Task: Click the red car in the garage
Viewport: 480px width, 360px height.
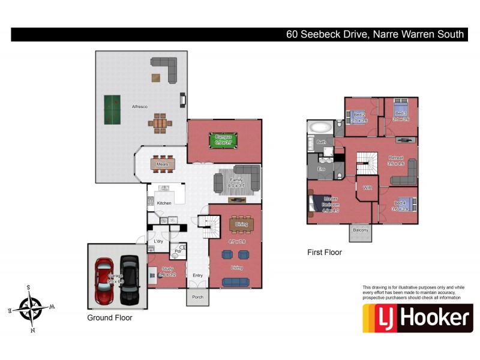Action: (104, 280)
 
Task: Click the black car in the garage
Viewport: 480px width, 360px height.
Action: (129, 280)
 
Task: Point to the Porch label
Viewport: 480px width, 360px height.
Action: (197, 297)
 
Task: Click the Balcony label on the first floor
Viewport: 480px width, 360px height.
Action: (360, 229)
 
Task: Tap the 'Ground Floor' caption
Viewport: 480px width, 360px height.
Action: (110, 317)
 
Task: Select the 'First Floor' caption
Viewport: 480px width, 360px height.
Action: (325, 253)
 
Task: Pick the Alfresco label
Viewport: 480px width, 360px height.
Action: (140, 107)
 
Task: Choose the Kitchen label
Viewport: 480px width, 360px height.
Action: (164, 203)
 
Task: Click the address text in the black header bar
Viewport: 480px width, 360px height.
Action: (374, 34)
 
